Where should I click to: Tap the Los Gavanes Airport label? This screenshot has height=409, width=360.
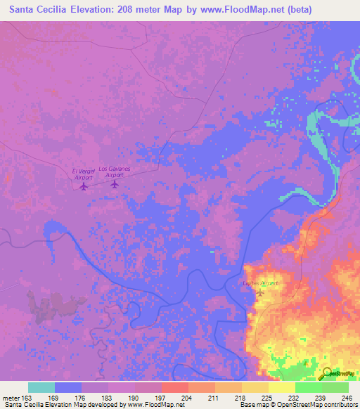114,172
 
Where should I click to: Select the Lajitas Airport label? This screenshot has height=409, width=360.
261,283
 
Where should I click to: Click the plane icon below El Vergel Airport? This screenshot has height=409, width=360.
84,186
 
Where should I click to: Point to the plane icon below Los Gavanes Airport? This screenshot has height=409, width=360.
115,184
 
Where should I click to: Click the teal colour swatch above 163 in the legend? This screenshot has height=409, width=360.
41,387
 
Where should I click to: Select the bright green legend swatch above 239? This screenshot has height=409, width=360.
308,387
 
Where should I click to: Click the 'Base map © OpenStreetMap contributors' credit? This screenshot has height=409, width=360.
298,405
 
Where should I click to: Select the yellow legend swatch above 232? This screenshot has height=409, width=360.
281,387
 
